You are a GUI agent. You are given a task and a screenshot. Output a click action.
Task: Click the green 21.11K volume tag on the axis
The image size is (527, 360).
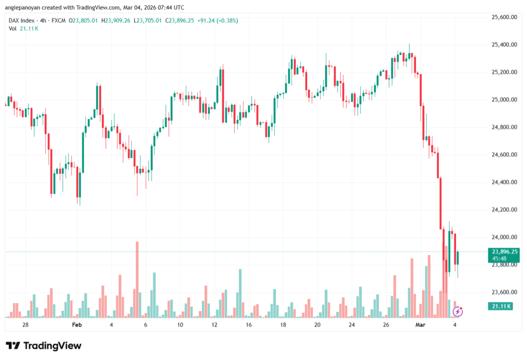coord(499,306)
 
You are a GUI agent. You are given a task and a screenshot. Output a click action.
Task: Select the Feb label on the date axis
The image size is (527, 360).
coord(77,325)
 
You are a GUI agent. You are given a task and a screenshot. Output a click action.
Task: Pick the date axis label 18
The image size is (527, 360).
coord(283,325)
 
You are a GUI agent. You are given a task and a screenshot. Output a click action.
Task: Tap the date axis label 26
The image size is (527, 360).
coord(386,325)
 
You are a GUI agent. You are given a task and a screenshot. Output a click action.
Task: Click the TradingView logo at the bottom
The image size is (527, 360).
coord(44,346)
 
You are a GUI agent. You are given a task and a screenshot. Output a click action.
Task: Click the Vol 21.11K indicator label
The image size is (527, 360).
coord(23,29)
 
